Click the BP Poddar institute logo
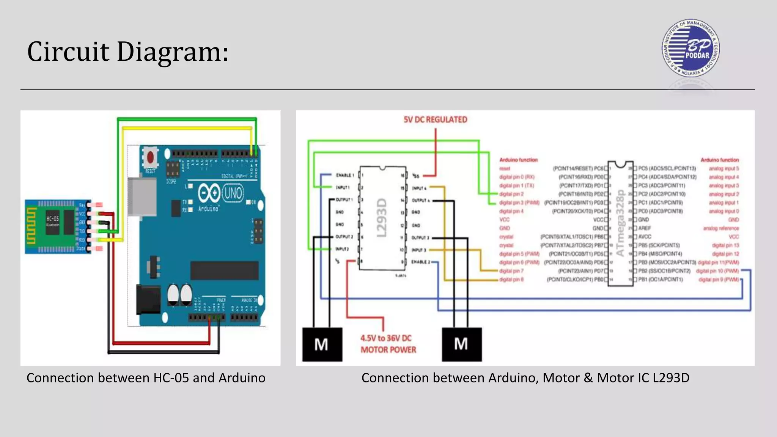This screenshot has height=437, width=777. [690, 48]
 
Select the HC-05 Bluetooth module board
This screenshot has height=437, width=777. [57, 226]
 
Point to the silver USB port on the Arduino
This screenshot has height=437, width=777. [142, 196]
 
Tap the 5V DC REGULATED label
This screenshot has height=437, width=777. [435, 119]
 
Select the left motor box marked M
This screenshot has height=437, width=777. [322, 344]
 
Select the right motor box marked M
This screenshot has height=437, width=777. [461, 344]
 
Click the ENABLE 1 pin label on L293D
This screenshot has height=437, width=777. [344, 175]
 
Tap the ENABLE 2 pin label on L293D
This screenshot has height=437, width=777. [420, 262]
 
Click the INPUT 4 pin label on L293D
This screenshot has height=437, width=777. [419, 188]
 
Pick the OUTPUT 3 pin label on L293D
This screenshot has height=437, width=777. [420, 238]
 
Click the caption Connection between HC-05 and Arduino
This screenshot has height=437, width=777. [146, 378]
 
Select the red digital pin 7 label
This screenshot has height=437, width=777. [511, 271]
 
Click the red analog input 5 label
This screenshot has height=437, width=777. [724, 168]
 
